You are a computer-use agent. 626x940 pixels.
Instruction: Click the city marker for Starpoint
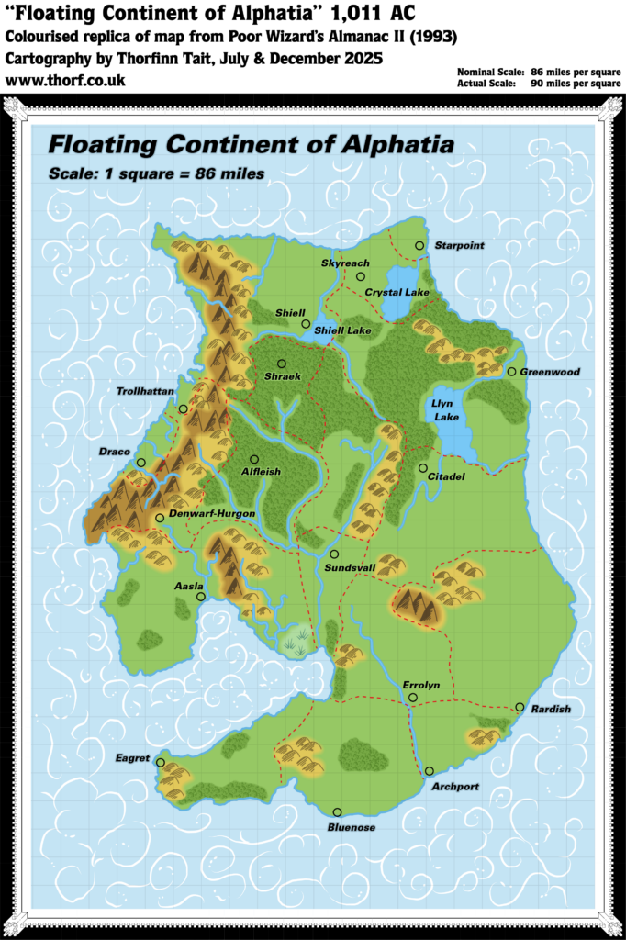click(419, 245)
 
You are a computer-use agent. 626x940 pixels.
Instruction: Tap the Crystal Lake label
click(397, 293)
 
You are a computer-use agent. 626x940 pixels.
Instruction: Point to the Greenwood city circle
click(511, 371)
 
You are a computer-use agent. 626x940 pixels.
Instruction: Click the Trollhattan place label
click(145, 391)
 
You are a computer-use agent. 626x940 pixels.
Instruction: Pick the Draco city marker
click(140, 463)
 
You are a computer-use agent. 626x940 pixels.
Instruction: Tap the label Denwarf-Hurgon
click(204, 513)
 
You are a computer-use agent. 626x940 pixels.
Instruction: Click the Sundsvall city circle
click(335, 554)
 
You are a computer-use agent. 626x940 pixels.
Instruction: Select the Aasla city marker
click(201, 597)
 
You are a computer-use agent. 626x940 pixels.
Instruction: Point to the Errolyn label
click(421, 685)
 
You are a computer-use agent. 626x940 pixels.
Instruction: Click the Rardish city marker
click(520, 707)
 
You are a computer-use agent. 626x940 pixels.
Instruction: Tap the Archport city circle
click(429, 771)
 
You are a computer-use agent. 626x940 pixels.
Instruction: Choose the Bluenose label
click(351, 827)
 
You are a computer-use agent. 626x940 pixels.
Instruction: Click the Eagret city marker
click(161, 762)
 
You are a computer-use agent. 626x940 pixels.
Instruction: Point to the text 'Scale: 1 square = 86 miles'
click(156, 173)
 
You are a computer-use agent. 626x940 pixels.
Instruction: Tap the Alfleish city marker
click(254, 459)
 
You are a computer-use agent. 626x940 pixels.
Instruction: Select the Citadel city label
click(446, 477)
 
